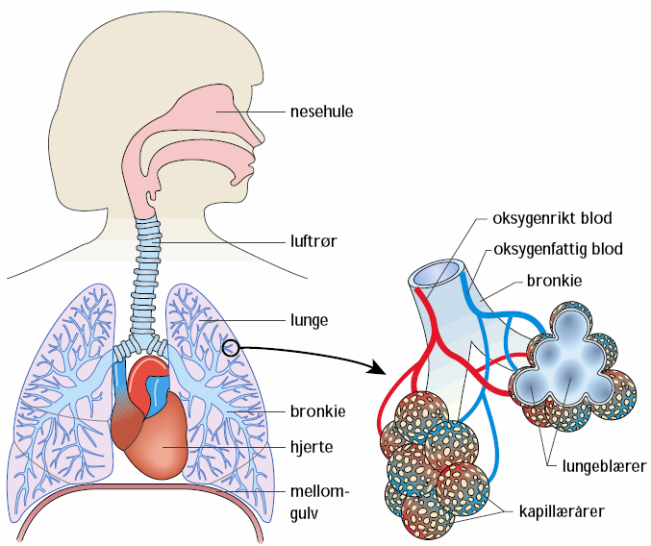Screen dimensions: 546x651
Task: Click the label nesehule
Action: pyautogui.click(x=322, y=111)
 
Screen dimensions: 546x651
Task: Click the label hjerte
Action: pyautogui.click(x=311, y=446)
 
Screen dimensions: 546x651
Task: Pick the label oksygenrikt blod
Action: pyautogui.click(x=552, y=218)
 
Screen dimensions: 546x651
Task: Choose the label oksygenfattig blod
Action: pyautogui.click(x=558, y=249)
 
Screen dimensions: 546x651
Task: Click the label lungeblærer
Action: pyautogui.click(x=603, y=465)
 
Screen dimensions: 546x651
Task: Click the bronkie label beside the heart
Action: pyautogui.click(x=316, y=410)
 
